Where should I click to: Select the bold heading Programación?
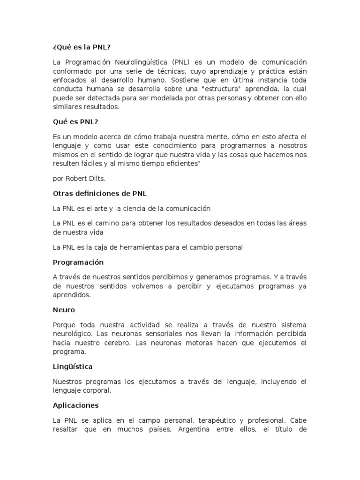pos(78,262)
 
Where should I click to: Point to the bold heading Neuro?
pos(64,310)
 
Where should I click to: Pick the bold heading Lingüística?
pos(73,367)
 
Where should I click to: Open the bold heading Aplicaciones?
pos(75,405)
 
